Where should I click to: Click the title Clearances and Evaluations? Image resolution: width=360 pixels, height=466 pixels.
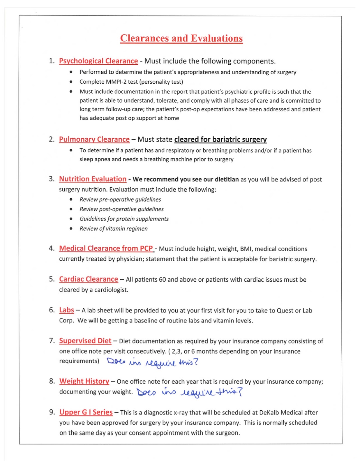181,38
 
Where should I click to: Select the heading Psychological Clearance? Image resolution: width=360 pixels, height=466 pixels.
98,61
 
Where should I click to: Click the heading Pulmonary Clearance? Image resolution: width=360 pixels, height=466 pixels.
94,139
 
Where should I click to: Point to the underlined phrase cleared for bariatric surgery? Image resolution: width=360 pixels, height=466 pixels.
220,139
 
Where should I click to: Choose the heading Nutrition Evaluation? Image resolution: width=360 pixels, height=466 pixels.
93,179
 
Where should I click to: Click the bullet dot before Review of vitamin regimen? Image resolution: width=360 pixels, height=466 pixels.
71,229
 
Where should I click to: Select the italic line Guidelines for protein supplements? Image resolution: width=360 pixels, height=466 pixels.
124,219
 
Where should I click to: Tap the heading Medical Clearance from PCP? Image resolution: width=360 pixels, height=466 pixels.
106,248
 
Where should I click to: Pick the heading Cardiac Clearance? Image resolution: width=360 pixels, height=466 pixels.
89,279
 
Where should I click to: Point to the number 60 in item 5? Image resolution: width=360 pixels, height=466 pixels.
162,280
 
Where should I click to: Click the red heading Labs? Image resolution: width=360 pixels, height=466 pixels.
66,310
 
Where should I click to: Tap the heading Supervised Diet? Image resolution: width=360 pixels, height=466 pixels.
85,340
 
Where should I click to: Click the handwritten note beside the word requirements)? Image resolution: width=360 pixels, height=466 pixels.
152,362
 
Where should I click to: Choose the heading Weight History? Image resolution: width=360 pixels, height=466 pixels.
84,381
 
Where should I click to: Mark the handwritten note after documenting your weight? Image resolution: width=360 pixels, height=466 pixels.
189,392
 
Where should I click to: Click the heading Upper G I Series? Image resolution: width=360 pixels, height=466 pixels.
86,412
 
